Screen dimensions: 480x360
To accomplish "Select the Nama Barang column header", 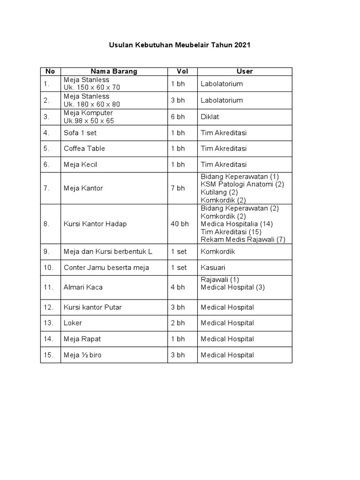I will pyautogui.click(x=114, y=71).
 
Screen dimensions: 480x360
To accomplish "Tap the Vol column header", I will pyautogui.click(x=182, y=71).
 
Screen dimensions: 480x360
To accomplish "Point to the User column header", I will pyautogui.click(x=244, y=71).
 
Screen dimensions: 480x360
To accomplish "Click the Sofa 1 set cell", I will pyautogui.click(x=80, y=133).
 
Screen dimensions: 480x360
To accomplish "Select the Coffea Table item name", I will pyautogui.click(x=84, y=149).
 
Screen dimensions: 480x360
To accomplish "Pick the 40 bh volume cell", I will pyautogui.click(x=180, y=224).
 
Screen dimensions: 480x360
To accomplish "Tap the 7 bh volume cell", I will pyautogui.click(x=178, y=188).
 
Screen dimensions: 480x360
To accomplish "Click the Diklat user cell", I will pyautogui.click(x=210, y=117).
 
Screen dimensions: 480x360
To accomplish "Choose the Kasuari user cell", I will pyautogui.click(x=212, y=268).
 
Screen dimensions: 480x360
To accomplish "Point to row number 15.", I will pyautogui.click(x=49, y=355).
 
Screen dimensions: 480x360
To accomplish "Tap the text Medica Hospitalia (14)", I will pyautogui.click(x=237, y=224).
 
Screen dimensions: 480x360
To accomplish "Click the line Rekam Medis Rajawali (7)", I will pyautogui.click(x=243, y=240).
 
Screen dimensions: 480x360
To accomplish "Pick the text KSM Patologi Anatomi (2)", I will pyautogui.click(x=242, y=184).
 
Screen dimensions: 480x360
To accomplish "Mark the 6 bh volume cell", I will pyautogui.click(x=178, y=117).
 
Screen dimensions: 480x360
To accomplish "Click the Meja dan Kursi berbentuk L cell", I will pyautogui.click(x=108, y=252).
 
